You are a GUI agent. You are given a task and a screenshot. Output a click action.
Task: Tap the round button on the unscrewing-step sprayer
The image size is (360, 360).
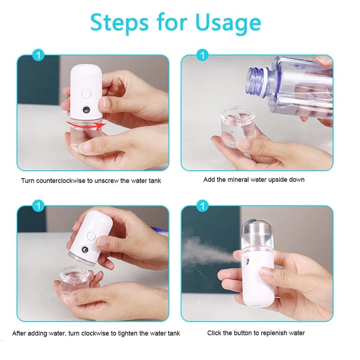tap(85, 95)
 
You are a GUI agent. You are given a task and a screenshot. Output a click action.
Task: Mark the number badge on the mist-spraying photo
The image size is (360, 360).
tap(203, 206)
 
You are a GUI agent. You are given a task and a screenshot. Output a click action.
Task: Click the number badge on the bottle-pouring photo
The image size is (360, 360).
tap(203, 55)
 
